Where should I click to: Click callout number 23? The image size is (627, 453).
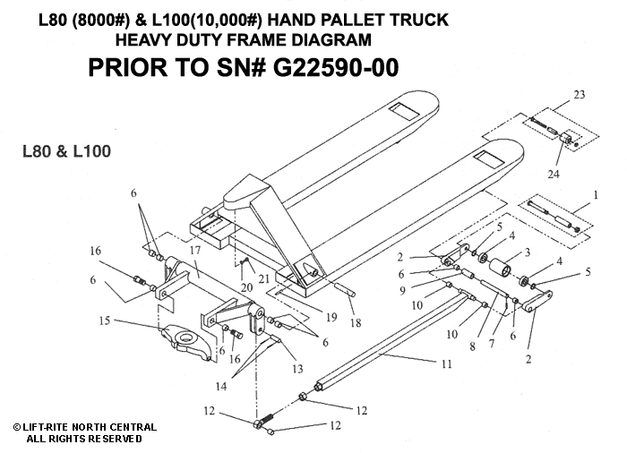[x=580, y=94]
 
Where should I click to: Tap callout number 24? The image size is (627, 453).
[x=554, y=173]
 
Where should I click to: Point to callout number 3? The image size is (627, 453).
[x=528, y=253]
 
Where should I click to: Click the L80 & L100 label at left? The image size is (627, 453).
[x=66, y=151]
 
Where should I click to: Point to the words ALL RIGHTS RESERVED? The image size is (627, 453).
[x=83, y=439]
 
